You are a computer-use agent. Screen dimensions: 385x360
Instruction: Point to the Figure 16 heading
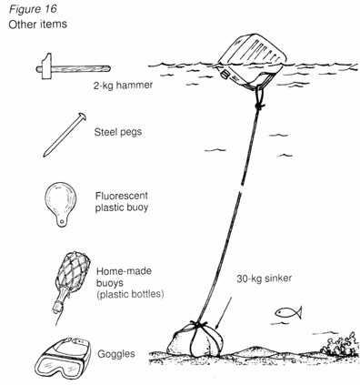(x=30, y=9)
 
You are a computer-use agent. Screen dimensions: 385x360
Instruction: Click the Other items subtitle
(x=35, y=24)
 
